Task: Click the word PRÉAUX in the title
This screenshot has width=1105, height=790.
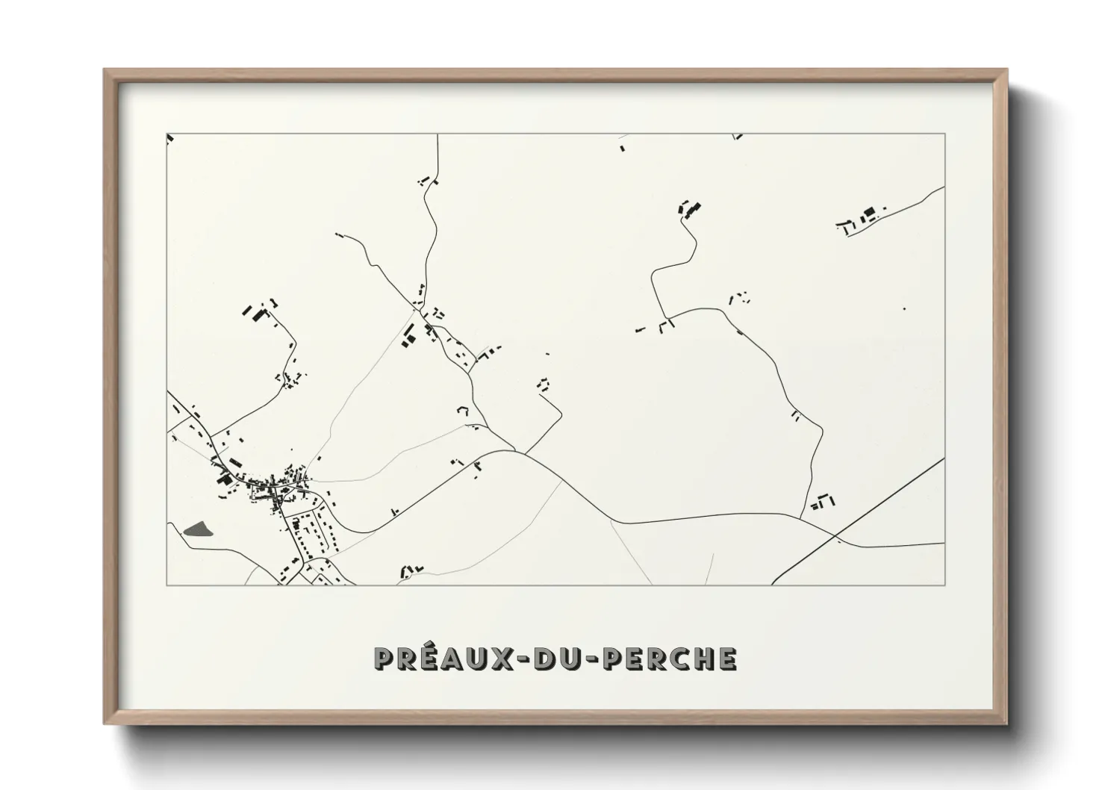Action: pos(436,659)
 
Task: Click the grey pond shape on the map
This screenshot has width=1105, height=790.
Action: pos(197,530)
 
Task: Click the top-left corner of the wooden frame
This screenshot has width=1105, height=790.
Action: pos(106,71)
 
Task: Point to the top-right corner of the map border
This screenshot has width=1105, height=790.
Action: pos(945,134)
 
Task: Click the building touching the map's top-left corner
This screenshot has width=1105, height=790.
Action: pos(169,137)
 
